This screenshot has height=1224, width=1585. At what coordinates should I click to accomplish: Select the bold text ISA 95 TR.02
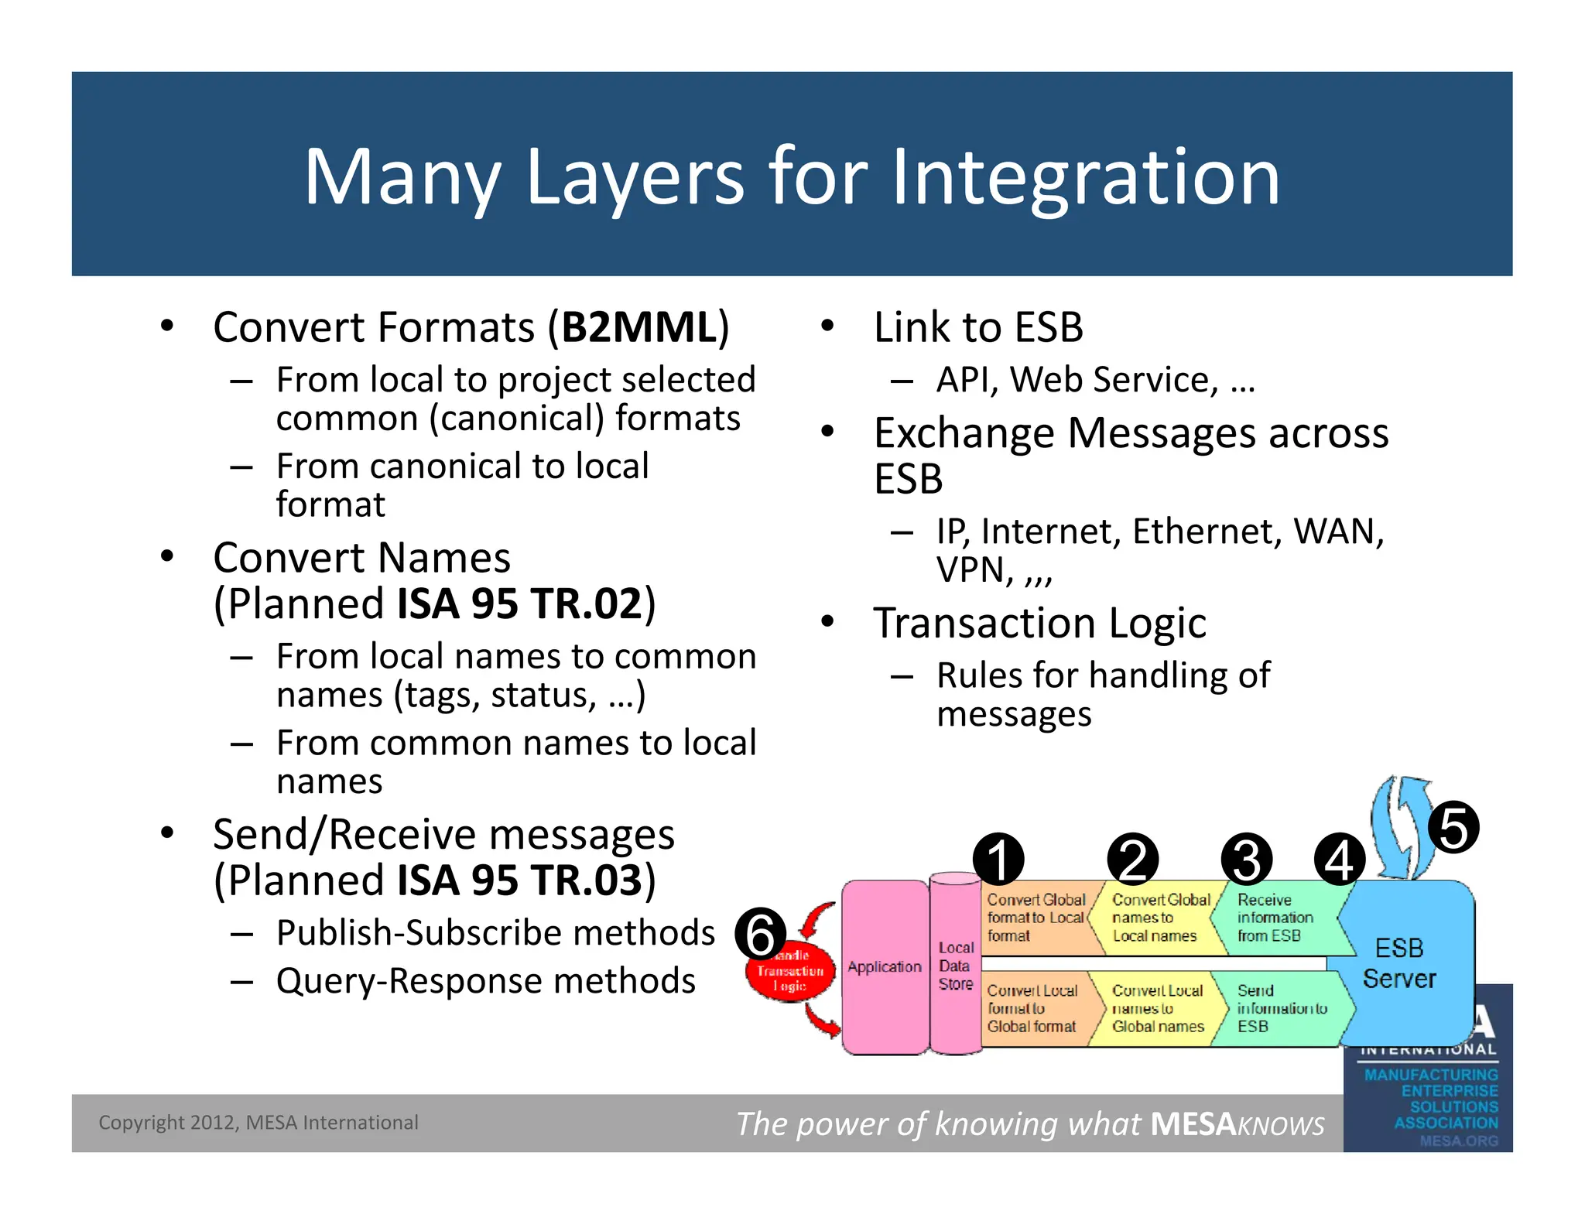[x=519, y=603]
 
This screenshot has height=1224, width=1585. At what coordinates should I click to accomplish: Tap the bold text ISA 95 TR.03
[x=519, y=880]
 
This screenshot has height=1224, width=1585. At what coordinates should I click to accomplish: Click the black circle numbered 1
[x=998, y=859]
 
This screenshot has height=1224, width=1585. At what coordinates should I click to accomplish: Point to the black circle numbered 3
[x=1246, y=859]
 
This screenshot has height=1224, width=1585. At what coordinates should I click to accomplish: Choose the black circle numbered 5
[x=1453, y=827]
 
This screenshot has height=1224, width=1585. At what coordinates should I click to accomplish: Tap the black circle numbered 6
[x=760, y=934]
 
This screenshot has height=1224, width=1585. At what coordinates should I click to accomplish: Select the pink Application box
[x=885, y=967]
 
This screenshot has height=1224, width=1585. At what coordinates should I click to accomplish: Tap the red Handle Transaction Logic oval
[x=790, y=972]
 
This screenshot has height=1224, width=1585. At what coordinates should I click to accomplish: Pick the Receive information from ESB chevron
[x=1277, y=918]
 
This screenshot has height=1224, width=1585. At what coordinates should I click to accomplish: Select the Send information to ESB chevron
[x=1281, y=1009]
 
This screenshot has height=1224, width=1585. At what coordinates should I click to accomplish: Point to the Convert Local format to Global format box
[x=1033, y=1009]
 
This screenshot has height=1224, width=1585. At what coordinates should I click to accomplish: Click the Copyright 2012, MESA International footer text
[x=258, y=1123]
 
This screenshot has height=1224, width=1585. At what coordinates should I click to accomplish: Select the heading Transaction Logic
[x=1039, y=623]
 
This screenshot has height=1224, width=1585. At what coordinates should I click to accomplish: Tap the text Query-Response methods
[x=486, y=981]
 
